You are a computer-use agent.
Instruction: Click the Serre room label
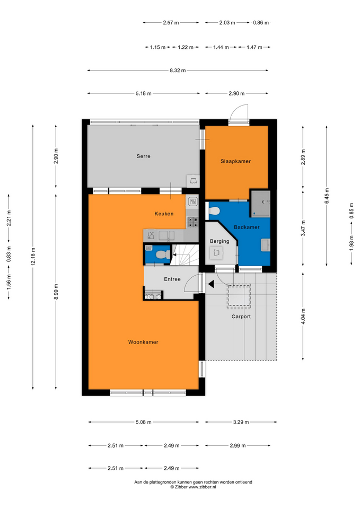coord(143,156)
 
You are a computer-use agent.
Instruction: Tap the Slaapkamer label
coord(235,161)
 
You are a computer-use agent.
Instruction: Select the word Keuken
coord(164,214)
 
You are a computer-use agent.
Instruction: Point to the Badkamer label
coord(247,227)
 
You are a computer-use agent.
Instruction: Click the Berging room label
coord(219,241)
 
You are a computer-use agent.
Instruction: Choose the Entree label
coord(172,279)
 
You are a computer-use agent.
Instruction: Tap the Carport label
coord(241,317)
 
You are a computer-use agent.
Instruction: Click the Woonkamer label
coord(143,342)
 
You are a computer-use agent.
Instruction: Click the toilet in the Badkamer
coord(214,212)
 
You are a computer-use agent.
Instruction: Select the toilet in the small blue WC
coord(161,254)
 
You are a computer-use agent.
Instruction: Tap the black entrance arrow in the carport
coord(211,284)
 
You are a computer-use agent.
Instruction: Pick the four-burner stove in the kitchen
coord(192,222)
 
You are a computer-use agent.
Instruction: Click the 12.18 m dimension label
coord(33,257)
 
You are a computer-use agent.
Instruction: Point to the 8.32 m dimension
coord(178,71)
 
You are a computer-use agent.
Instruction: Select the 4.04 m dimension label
coord(303,317)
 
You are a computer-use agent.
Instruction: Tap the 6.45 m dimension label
coord(327,196)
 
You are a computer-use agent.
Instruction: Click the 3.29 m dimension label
coord(241,423)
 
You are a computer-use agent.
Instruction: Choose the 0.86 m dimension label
coord(261,23)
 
